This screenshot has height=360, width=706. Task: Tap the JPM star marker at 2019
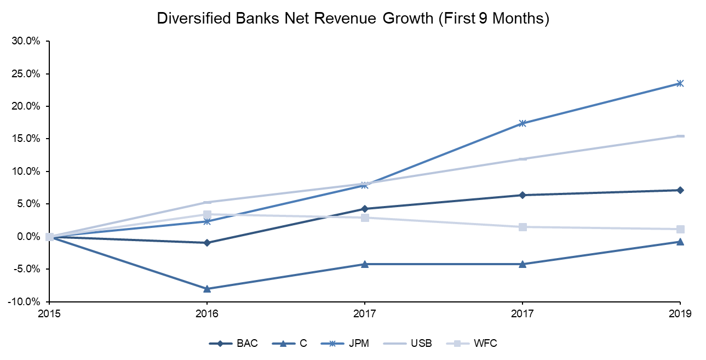pyautogui.click(x=680, y=83)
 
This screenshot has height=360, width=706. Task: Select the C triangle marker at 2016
pyautogui.click(x=207, y=289)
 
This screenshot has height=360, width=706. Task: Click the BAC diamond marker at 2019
pyautogui.click(x=680, y=190)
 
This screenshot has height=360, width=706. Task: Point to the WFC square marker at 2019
pyautogui.click(x=680, y=229)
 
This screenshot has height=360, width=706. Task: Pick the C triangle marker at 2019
pyautogui.click(x=680, y=242)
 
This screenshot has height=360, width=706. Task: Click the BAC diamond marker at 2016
pyautogui.click(x=207, y=243)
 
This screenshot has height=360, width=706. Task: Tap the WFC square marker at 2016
pyautogui.click(x=207, y=214)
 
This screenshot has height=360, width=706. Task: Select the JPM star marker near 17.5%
pyautogui.click(x=523, y=123)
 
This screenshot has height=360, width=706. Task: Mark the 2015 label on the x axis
pyautogui.click(x=49, y=314)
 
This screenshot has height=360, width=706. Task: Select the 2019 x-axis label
pyautogui.click(x=680, y=314)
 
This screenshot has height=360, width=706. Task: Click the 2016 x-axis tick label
pyautogui.click(x=207, y=314)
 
